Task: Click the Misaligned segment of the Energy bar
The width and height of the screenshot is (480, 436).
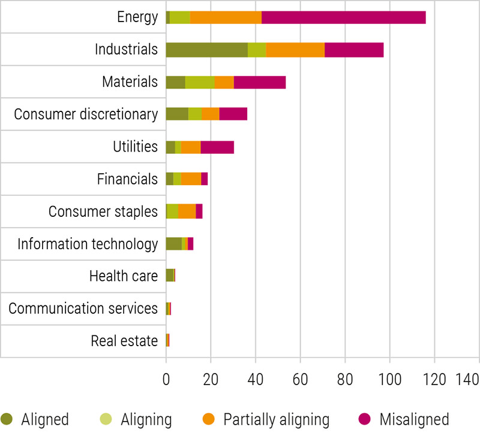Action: pyautogui.click(x=344, y=17)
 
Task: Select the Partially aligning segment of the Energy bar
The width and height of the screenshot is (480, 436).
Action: pyautogui.click(x=226, y=17)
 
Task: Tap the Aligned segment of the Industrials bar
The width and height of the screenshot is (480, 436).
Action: pyautogui.click(x=206, y=50)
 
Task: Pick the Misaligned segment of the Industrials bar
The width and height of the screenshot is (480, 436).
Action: pyautogui.click(x=354, y=50)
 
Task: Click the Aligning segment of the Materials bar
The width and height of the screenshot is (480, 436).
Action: pyautogui.click(x=199, y=82)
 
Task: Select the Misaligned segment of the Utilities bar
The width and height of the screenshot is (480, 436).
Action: pyautogui.click(x=217, y=147)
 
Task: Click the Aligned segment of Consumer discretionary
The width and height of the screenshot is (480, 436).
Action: pyautogui.click(x=177, y=114)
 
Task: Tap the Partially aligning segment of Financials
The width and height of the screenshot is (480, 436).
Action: pyautogui.click(x=191, y=179)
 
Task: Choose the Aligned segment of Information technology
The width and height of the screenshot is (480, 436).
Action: pyautogui.click(x=173, y=244)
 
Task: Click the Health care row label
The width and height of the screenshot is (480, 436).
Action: pyautogui.click(x=123, y=276)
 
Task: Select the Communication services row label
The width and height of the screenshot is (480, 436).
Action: pyautogui.click(x=83, y=308)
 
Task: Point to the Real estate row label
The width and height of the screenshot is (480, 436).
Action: pyautogui.click(x=124, y=341)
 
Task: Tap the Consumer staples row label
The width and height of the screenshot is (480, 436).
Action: pyautogui.click(x=103, y=211)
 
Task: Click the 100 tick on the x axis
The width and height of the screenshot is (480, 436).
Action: pyautogui.click(x=390, y=379)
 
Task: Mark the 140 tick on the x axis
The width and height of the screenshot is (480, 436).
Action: pyautogui.click(x=467, y=379)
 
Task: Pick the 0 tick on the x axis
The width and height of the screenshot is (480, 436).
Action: pyautogui.click(x=166, y=379)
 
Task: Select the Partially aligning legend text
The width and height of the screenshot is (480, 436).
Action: pyautogui.click(x=276, y=419)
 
